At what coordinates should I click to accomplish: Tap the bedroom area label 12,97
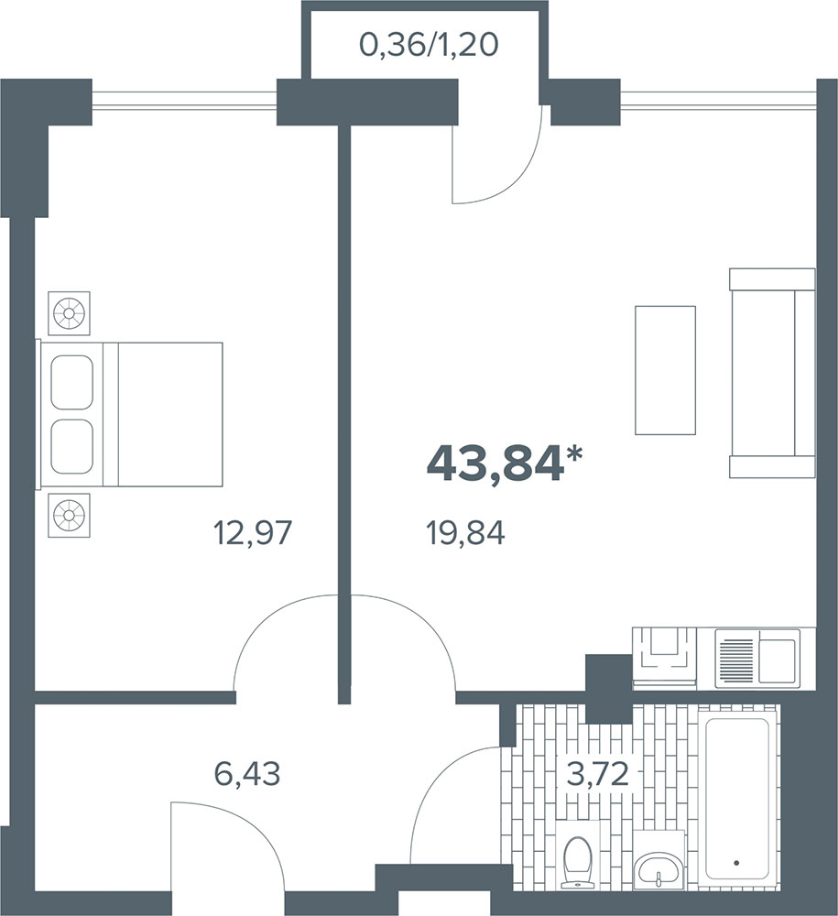253,533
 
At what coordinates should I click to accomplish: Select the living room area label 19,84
466,533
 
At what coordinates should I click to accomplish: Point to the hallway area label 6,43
247,774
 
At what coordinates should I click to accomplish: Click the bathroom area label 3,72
597,775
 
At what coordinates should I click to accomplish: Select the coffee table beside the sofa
665,370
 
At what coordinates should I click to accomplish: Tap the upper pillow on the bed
71,382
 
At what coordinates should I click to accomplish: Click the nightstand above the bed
69,313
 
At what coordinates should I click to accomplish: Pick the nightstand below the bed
69,515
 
